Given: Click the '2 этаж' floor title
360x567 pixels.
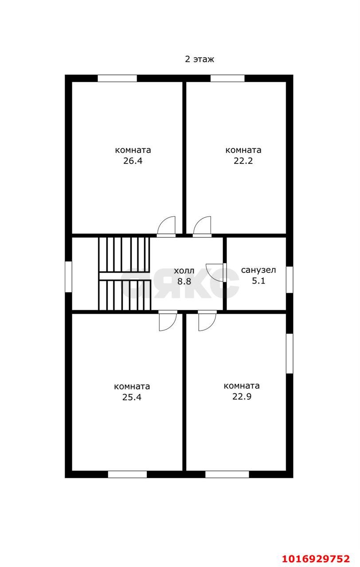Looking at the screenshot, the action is pyautogui.click(x=200, y=59).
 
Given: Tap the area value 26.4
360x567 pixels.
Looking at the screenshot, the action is pyautogui.click(x=133, y=161).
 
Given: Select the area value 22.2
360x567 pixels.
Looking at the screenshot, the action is pyautogui.click(x=243, y=161).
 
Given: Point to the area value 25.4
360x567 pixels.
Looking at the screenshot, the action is pyautogui.click(x=132, y=397).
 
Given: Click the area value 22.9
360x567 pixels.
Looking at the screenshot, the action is pyautogui.click(x=242, y=396).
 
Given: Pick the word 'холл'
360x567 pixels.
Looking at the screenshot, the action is pyautogui.click(x=184, y=271).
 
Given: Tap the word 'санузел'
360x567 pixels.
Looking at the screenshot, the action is pyautogui.click(x=258, y=270).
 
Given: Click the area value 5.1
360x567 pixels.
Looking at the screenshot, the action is pyautogui.click(x=258, y=281).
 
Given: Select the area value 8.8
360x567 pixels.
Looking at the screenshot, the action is pyautogui.click(x=184, y=281).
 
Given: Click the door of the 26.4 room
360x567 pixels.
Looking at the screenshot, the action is pyautogui.click(x=166, y=226).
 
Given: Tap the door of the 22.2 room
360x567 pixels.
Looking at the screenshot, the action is pyautogui.click(x=202, y=226).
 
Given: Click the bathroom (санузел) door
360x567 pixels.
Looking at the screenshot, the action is pyautogui.click(x=216, y=272).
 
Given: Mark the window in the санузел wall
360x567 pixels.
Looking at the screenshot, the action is pyautogui.click(x=290, y=280).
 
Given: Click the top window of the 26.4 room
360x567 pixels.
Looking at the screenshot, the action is pyautogui.click(x=117, y=78).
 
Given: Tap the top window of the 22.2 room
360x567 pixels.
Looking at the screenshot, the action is pyautogui.click(x=227, y=78).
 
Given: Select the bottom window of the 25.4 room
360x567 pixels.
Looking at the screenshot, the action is pyautogui.click(x=127, y=474).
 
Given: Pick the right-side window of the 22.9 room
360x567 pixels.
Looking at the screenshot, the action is pyautogui.click(x=290, y=353).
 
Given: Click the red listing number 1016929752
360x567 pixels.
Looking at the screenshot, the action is pyautogui.click(x=316, y=559).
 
